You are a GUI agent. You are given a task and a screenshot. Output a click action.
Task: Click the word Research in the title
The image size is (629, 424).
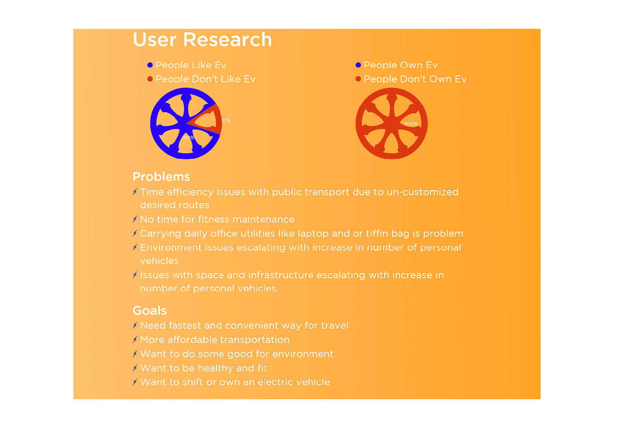pos(227,40)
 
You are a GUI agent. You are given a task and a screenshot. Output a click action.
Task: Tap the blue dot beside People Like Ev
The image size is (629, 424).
pos(150,65)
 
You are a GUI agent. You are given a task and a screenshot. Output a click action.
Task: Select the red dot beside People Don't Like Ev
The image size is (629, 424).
pos(150,79)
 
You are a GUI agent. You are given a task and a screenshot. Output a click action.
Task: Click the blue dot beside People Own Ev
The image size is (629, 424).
pos(358,65)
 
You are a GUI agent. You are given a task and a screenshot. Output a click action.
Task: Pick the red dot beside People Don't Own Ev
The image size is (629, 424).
pos(358,79)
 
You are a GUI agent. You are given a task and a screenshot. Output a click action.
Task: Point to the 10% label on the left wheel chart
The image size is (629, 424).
pos(226,120)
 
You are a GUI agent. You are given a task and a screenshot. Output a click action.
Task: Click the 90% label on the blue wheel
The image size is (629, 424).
pos(189,138)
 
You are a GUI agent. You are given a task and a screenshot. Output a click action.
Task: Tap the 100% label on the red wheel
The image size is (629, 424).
pos(411,124)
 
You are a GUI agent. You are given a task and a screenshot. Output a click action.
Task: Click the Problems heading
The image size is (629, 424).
pos(161,177)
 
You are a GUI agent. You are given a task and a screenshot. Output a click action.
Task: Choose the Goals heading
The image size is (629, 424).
pos(150,311)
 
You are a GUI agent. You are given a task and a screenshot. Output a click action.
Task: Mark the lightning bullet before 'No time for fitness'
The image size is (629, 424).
pos(135,219)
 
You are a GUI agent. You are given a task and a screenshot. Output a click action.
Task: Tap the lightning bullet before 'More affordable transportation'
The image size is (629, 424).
pos(135,340)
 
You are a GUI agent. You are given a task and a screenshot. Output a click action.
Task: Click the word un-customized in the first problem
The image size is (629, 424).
pos(423,192)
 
